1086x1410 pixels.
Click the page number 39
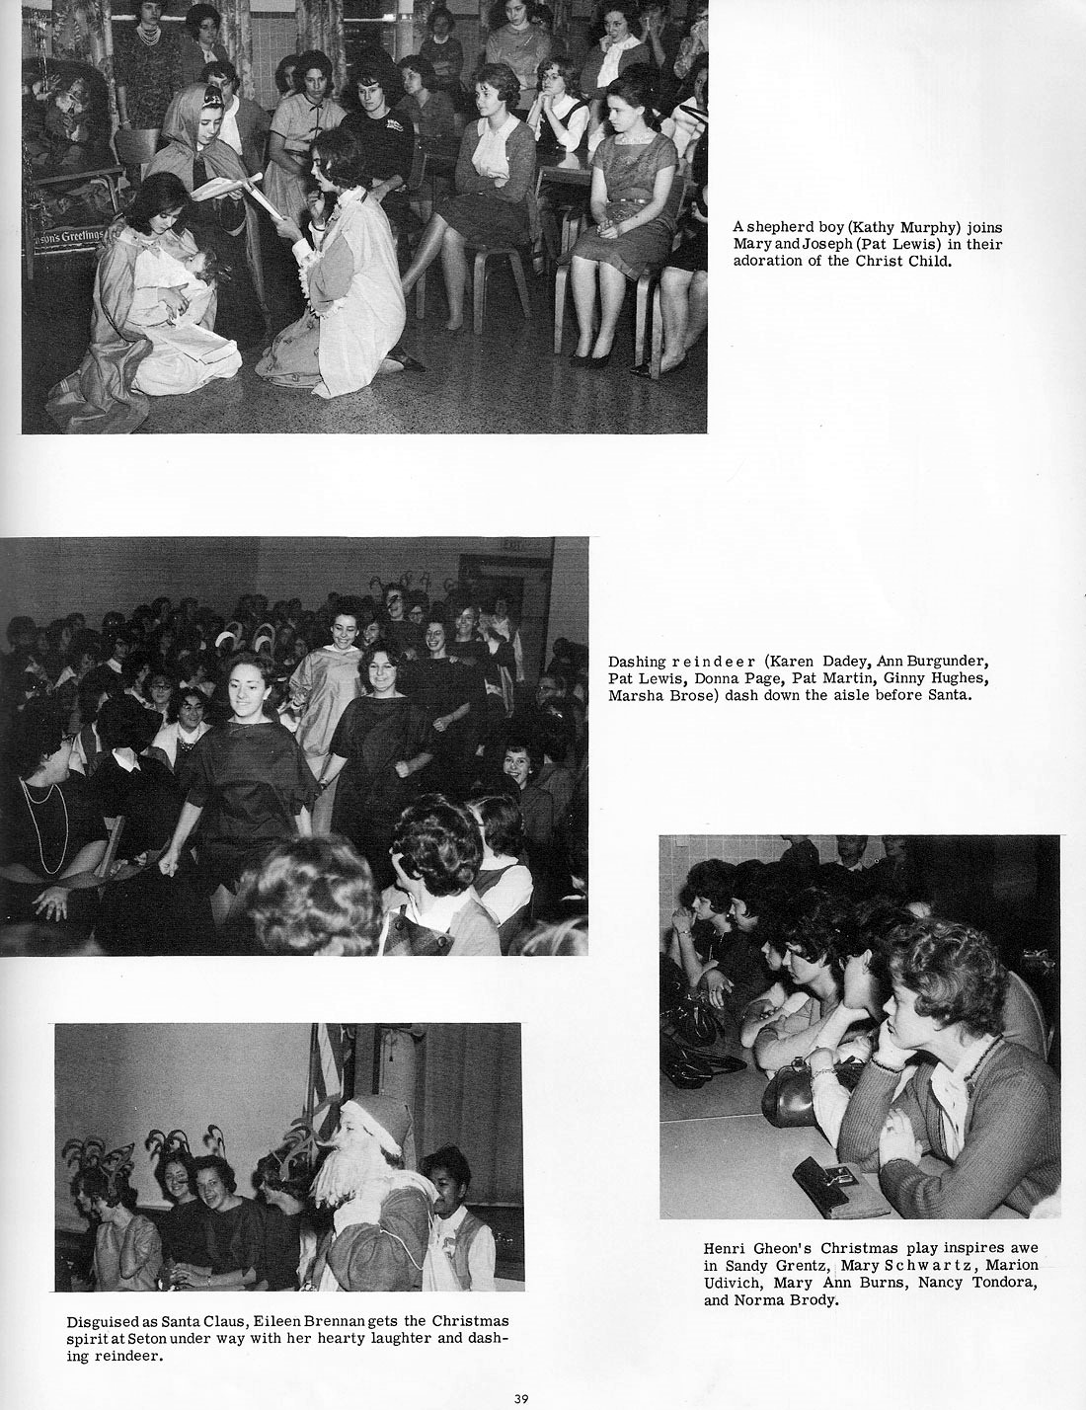521,1397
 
